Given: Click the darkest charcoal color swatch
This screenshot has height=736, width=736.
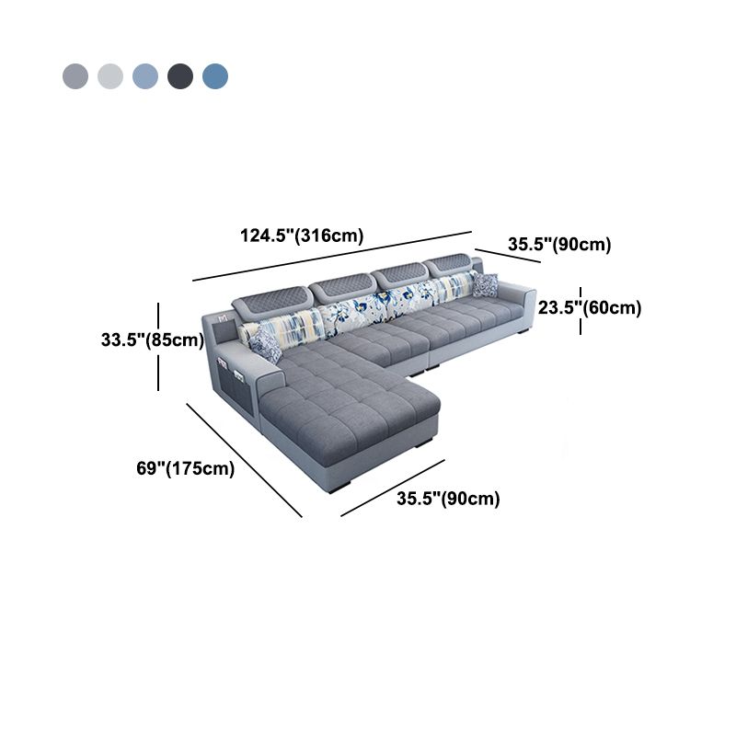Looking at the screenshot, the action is click(x=180, y=76).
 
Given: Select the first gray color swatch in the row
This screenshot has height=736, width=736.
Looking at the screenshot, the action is click(x=75, y=76).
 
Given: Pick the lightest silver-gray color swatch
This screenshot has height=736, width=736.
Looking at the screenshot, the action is click(x=110, y=76).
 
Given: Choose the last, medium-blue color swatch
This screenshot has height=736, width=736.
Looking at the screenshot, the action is click(x=215, y=76).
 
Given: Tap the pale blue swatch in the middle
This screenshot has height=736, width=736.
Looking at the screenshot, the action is click(x=145, y=76).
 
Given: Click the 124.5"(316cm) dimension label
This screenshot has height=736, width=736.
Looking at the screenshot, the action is click(x=302, y=236).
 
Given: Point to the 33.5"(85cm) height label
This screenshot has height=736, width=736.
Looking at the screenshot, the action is click(x=153, y=339).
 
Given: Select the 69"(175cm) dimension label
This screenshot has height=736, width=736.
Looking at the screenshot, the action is click(x=186, y=468).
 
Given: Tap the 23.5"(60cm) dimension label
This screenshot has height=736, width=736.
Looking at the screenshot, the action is click(x=590, y=308).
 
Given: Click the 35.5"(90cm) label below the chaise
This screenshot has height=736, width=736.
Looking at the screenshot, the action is click(x=448, y=498).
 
